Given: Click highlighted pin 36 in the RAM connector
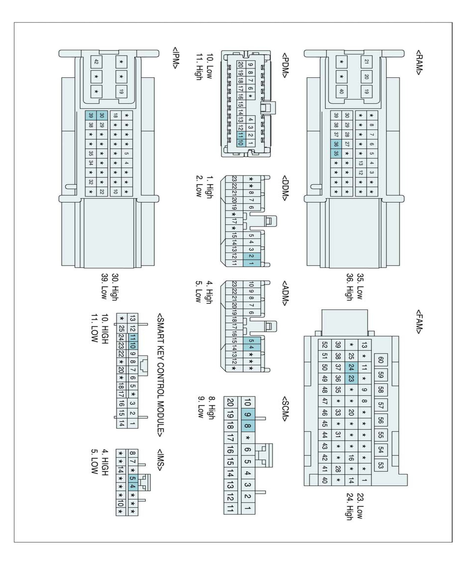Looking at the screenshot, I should pos(336,144).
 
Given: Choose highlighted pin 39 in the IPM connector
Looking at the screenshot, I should pos(91,115).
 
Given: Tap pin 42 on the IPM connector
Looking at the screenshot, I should pos(96,62).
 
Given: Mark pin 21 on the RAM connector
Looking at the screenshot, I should pos(366,62).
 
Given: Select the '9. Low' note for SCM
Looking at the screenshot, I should pos(201,407).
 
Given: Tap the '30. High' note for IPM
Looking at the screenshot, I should pos(115,287).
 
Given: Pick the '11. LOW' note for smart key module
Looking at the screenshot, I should pos(94,328).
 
